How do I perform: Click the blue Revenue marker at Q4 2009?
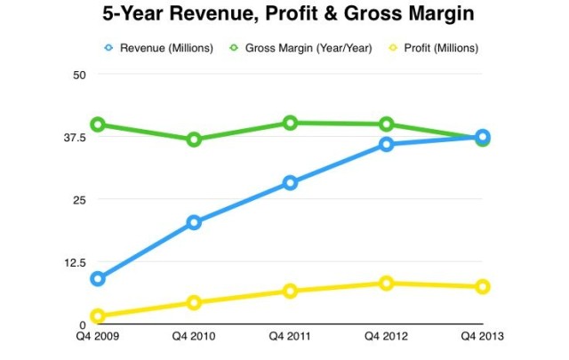click(98, 279)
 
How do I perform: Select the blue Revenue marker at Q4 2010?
click(194, 222)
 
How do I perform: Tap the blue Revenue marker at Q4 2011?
click(290, 183)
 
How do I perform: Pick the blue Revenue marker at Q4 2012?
click(386, 144)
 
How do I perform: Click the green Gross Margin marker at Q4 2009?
click(98, 124)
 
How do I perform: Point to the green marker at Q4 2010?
click(194, 140)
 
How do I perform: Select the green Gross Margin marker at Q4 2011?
click(290, 123)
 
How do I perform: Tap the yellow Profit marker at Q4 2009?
click(98, 316)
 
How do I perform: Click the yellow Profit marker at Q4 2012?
click(386, 284)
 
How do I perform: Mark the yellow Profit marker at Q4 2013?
click(482, 286)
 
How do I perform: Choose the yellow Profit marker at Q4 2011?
click(290, 292)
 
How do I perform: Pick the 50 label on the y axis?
click(78, 74)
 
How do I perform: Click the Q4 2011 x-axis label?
click(290, 337)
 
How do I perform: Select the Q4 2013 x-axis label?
click(482, 337)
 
